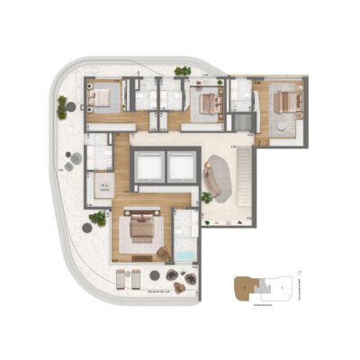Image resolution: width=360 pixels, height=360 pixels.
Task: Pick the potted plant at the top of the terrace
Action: pyautogui.click(x=183, y=70)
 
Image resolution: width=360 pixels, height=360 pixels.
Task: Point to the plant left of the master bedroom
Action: pyautogui.click(x=97, y=218)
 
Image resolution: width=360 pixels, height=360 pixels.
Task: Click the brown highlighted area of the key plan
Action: pyautogui.click(x=242, y=288)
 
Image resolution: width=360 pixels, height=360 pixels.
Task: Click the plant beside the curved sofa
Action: pyautogui.click(x=206, y=197)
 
